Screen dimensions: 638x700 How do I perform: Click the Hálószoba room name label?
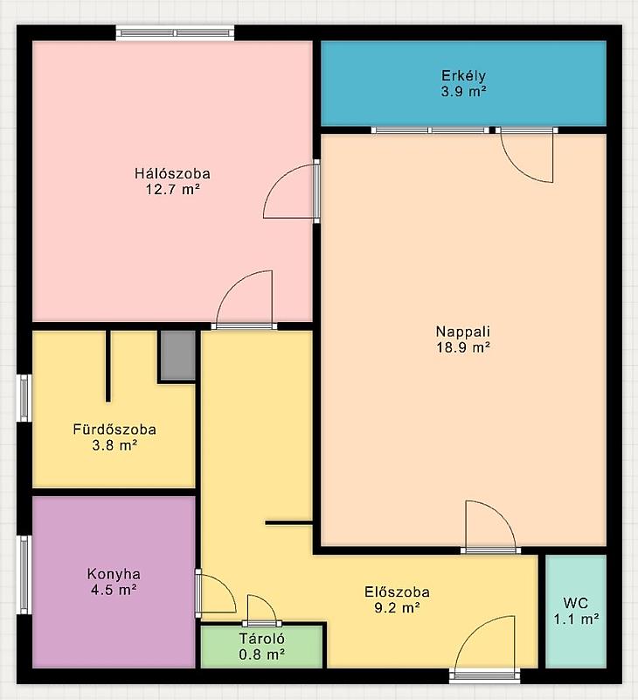tap(172, 173)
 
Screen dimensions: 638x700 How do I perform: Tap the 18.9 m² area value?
tap(463, 347)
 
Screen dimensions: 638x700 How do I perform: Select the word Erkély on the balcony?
tap(464, 76)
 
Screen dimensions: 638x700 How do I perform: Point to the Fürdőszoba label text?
tap(114, 430)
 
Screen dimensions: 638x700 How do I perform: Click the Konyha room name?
tap(114, 574)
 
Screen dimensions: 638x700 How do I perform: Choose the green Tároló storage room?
tap(261, 647)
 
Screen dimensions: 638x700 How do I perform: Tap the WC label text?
tap(576, 603)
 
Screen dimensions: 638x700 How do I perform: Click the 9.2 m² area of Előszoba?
tap(398, 608)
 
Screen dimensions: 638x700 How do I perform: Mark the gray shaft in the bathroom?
tap(178, 355)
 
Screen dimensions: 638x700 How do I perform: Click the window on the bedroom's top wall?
tap(175, 33)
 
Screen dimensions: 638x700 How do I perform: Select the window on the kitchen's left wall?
tap(24, 575)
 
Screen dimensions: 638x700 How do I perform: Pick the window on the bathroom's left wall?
tap(24, 398)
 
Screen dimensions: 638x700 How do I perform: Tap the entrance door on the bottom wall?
tap(485, 674)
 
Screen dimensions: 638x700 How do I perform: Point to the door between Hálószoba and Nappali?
tap(316, 191)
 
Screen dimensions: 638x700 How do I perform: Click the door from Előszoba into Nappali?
tap(490, 550)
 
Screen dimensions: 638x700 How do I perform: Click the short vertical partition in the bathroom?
tap(107, 366)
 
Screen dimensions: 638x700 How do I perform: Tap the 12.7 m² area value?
tap(172, 189)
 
